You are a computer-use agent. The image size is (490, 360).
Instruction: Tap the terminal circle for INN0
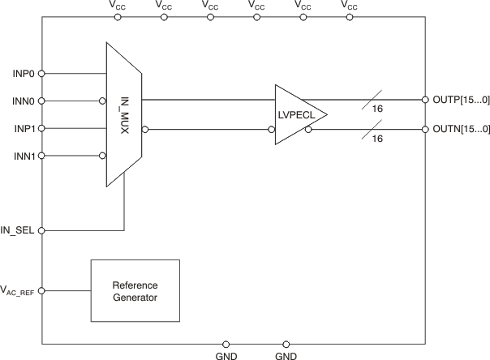(42, 101)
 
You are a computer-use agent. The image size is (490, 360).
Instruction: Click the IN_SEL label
(18, 231)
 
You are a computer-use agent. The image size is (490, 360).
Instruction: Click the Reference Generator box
(135, 292)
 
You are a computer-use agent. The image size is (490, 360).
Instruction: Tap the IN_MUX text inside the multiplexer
(125, 114)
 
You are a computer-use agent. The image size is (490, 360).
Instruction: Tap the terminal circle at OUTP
(425, 101)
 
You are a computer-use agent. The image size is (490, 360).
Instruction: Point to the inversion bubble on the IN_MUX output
(145, 129)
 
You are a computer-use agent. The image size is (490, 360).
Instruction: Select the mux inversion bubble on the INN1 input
(103, 156)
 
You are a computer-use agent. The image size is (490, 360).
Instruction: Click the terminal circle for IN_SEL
(42, 231)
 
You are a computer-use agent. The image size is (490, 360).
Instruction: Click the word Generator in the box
(135, 298)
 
